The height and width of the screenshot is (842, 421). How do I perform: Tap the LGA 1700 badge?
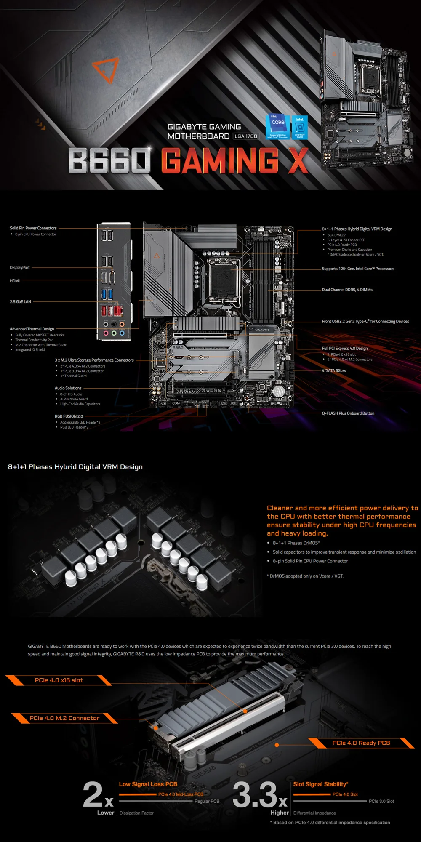[246, 136]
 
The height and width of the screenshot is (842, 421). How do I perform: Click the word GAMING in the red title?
[219, 160]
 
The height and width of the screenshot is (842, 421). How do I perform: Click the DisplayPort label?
[20, 268]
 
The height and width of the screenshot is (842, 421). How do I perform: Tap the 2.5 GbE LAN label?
[21, 302]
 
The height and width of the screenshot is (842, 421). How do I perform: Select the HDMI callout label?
[15, 281]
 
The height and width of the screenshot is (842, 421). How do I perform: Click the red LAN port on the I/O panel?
[119, 311]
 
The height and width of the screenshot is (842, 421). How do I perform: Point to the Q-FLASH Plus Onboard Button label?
[348, 413]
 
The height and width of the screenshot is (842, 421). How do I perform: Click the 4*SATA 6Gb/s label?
[334, 370]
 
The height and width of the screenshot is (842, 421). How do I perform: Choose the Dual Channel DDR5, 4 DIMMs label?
[347, 290]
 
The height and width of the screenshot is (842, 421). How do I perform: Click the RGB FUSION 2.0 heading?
[69, 416]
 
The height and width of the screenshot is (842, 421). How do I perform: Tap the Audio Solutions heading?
[68, 388]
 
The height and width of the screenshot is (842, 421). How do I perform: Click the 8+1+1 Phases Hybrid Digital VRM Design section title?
[75, 466]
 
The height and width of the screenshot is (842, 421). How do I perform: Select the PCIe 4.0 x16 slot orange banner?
[59, 680]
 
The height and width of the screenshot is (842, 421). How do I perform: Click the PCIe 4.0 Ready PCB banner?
[361, 743]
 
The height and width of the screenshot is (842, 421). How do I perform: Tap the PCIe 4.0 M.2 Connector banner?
[64, 718]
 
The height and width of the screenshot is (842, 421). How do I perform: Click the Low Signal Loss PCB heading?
[148, 784]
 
